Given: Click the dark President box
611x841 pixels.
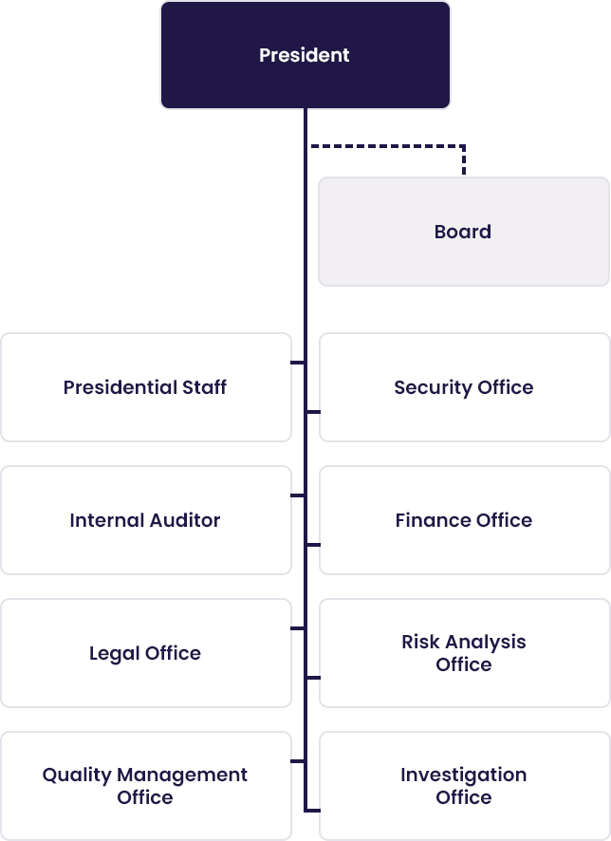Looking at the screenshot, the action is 305,55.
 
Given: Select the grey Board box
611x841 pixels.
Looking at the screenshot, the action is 464,232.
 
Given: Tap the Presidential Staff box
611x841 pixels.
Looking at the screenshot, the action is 146,387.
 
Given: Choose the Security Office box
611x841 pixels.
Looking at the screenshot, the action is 465,387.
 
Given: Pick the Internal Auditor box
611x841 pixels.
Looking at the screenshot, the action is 146,520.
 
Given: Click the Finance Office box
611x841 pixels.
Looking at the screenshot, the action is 465,520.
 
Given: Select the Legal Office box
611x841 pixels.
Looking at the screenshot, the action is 146,653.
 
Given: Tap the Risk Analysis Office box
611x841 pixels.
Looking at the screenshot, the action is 465,653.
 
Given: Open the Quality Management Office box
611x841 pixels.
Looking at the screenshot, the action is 146,786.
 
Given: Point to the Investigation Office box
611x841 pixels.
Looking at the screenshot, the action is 465,786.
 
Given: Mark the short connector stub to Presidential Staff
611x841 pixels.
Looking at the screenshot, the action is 298,363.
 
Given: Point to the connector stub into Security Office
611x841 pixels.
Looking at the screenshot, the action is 313,412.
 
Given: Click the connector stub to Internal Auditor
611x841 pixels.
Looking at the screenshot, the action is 298,495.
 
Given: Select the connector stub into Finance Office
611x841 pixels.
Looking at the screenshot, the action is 313,545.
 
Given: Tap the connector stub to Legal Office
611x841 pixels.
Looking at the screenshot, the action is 298,628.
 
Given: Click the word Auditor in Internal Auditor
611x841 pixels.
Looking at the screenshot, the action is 184,520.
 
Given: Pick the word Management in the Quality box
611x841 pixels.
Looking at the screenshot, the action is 182,775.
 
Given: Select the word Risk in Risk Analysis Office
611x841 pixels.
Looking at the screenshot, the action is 420,642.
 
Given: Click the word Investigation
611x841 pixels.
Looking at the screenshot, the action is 464,776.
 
